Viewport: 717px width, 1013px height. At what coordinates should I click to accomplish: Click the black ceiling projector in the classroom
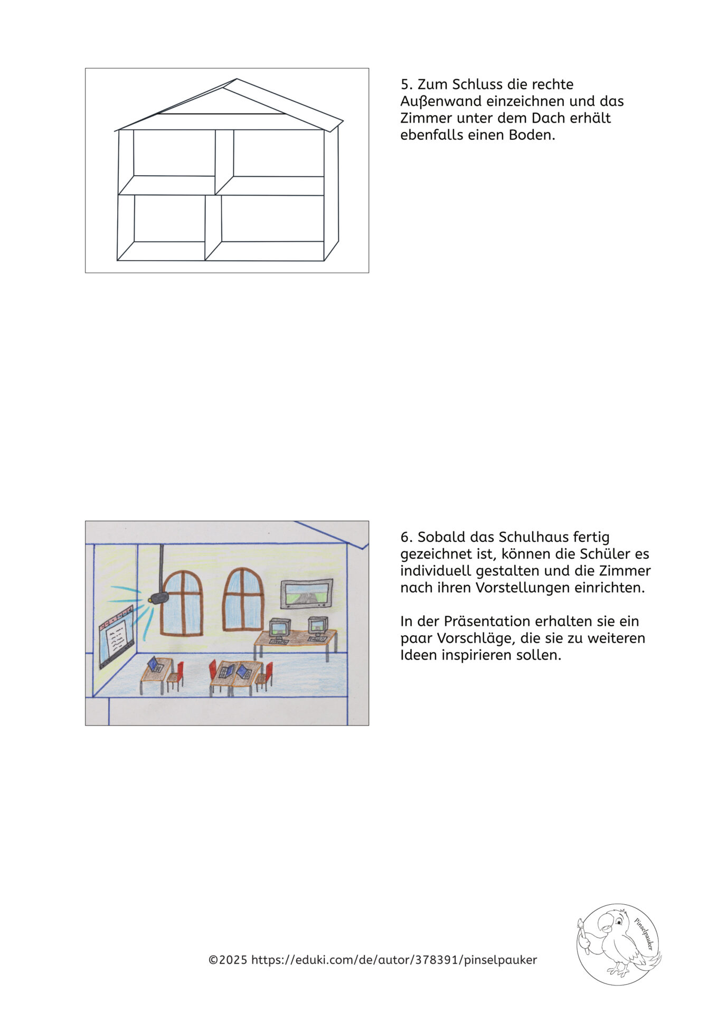(159, 598)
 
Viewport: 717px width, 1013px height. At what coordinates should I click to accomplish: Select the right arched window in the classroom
(243, 599)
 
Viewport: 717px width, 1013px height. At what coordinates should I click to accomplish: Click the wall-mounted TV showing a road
(306, 594)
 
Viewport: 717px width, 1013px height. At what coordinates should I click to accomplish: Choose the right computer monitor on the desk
(318, 626)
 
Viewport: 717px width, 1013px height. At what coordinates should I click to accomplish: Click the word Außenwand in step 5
(440, 101)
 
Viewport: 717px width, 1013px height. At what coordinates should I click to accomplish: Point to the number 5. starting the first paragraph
(407, 84)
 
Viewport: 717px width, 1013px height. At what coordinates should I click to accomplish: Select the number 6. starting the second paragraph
(407, 537)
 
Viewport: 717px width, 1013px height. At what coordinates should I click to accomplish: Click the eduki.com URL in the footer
(394, 960)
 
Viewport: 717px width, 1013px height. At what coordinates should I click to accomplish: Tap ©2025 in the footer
(228, 960)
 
